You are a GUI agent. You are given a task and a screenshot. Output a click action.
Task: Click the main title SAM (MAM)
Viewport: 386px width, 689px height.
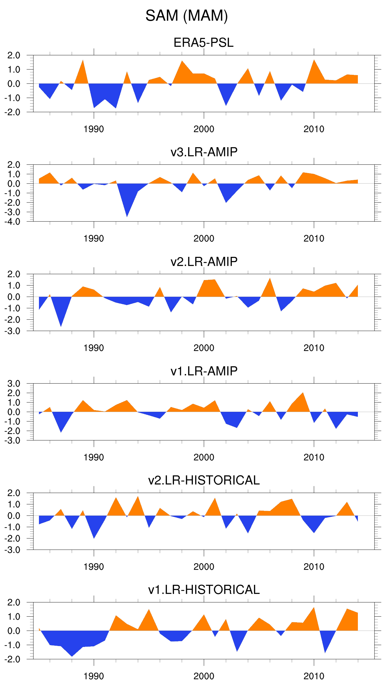coord(187,16)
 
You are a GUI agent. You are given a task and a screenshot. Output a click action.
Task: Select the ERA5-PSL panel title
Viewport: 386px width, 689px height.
coord(204,43)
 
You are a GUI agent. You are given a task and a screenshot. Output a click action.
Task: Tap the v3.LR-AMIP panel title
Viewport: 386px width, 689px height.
coord(204,152)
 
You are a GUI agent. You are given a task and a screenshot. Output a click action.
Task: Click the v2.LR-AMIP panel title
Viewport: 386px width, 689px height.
coord(204,262)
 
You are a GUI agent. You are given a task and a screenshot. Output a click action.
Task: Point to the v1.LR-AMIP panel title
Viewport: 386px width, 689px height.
coord(204,371)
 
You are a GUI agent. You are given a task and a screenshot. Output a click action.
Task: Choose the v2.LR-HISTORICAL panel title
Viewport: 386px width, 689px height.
coord(204,480)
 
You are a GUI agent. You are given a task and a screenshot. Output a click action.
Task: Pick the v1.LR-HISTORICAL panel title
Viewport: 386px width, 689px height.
coord(204,590)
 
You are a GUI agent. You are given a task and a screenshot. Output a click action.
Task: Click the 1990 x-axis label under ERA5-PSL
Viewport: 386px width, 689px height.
coord(94,129)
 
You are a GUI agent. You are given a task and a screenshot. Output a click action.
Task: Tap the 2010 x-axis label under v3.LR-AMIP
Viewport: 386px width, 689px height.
coord(314,239)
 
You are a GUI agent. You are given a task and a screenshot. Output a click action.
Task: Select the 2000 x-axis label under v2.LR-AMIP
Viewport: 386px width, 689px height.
coord(204,348)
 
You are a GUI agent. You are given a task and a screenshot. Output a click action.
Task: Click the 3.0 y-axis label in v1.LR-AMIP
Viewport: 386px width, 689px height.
coord(14,384)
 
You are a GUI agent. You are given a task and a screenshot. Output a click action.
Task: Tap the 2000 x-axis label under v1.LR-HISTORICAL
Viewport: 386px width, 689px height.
coord(204,676)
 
